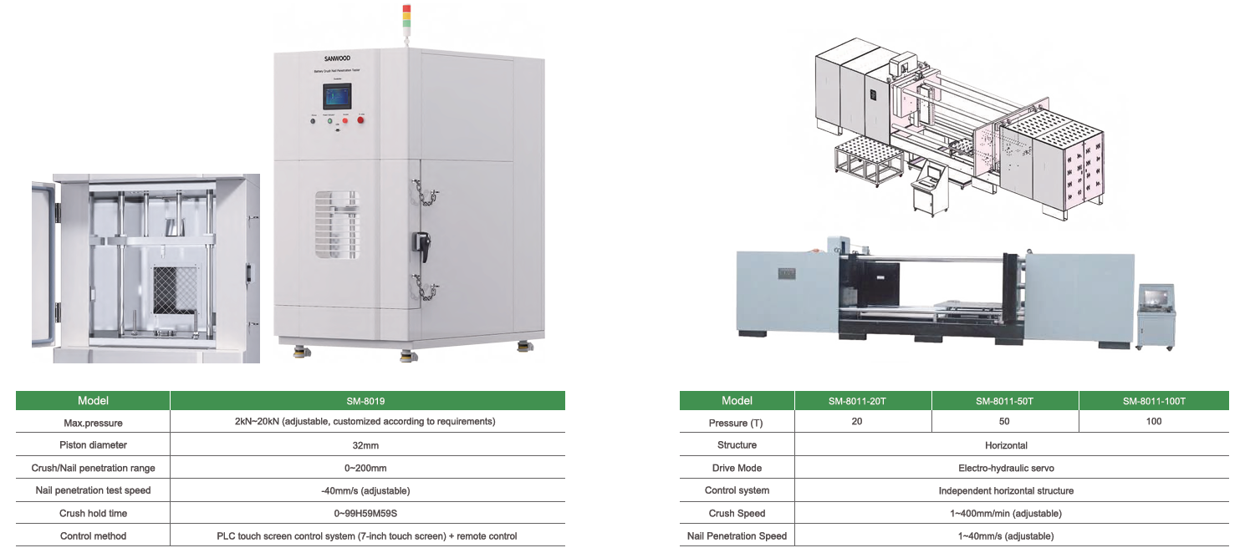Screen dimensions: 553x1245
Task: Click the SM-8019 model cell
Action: click(x=367, y=401)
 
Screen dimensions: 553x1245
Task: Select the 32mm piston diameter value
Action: click(x=367, y=445)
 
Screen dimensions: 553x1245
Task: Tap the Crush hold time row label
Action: click(x=93, y=514)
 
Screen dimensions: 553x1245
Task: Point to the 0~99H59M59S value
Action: click(x=367, y=514)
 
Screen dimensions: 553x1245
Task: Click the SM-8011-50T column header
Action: click(x=1004, y=401)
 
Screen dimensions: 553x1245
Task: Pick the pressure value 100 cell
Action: click(x=1154, y=422)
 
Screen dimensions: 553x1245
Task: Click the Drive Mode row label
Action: click(x=737, y=468)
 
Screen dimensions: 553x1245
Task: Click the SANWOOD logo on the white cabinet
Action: click(x=339, y=59)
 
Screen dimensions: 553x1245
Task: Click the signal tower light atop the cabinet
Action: click(x=407, y=17)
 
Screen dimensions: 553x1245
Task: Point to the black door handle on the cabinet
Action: click(x=421, y=244)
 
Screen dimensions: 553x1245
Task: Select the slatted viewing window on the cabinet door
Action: click(x=337, y=224)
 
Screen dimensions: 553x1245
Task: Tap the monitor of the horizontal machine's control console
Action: click(x=1156, y=298)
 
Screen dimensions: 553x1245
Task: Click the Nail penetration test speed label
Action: click(x=93, y=490)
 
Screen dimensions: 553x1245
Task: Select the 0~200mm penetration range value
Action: click(x=367, y=468)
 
